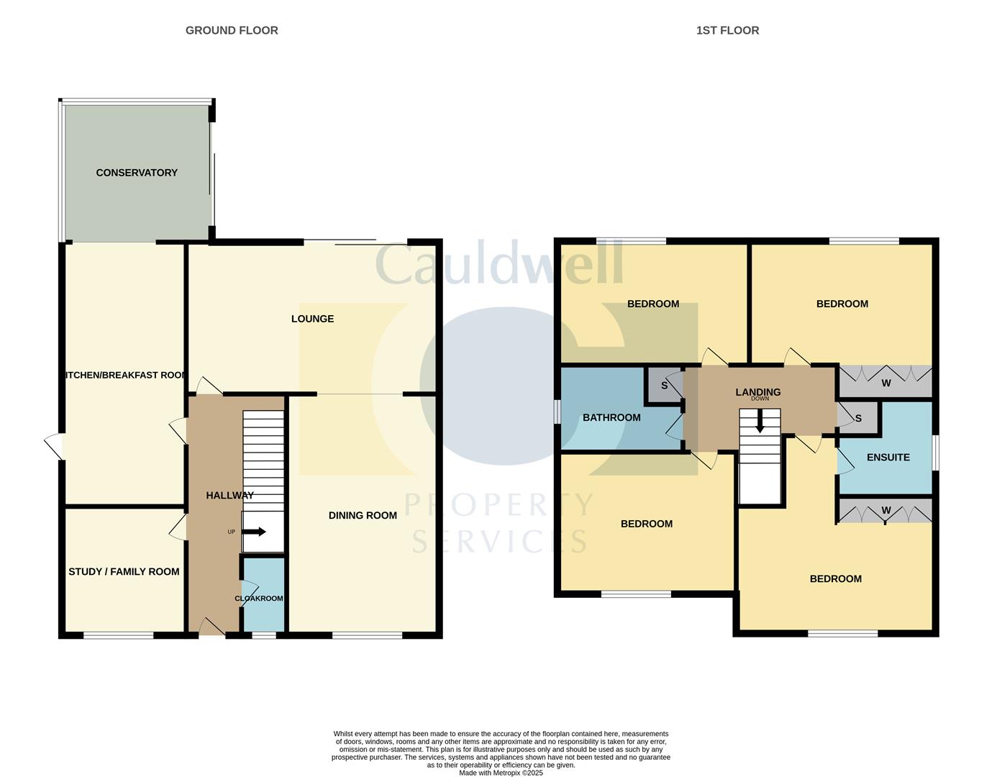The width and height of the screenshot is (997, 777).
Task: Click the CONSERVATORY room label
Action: click(137, 173)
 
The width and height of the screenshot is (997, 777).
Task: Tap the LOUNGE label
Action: click(312, 319)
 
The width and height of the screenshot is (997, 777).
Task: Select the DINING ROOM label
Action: click(363, 515)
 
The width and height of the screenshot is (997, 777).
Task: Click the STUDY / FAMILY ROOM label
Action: click(124, 572)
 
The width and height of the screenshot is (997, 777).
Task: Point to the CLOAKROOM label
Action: click(259, 599)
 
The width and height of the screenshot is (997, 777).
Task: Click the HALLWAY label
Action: click(229, 496)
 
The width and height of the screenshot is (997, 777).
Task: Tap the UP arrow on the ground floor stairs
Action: click(254, 532)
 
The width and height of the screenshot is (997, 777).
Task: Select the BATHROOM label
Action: click(611, 418)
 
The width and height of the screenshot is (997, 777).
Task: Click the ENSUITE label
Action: click(888, 458)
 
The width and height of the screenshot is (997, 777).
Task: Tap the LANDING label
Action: click(757, 392)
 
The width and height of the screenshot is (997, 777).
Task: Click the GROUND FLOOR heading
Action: click(232, 30)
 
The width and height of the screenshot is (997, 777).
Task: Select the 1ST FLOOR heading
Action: click(727, 30)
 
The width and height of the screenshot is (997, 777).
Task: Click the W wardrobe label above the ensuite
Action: click(886, 383)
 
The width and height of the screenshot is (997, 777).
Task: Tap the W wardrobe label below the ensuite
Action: click(886, 511)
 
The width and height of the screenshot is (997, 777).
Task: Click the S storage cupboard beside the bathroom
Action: click(664, 386)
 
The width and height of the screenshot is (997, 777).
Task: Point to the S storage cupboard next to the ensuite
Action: click(858, 419)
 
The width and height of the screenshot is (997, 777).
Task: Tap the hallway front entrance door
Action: click(211, 627)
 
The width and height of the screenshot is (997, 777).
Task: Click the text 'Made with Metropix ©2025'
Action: click(501, 773)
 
